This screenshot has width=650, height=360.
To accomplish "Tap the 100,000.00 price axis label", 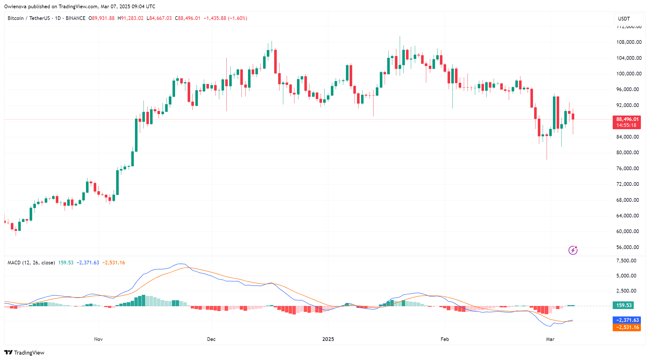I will [629, 74].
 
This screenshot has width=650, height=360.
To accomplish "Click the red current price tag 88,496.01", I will [627, 120].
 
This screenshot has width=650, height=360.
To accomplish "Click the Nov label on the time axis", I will [98, 339].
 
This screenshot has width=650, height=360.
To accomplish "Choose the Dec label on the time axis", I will [211, 339].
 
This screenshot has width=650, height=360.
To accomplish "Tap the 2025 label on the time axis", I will [328, 339].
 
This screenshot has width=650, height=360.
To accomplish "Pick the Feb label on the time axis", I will [444, 339].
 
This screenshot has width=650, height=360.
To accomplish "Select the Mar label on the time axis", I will [550, 339].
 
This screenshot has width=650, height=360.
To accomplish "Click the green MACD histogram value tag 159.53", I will [624, 305].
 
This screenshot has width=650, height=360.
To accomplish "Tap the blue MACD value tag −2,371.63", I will [627, 320].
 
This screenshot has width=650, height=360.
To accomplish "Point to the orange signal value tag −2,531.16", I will [627, 327].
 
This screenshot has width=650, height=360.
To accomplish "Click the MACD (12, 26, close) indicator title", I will [31, 263].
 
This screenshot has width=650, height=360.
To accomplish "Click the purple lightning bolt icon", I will [573, 250].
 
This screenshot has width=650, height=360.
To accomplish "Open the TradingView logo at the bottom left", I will [24, 353].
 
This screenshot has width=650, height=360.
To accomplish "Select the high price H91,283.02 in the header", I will [131, 18].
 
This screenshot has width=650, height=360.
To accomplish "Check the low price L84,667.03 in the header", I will [159, 18].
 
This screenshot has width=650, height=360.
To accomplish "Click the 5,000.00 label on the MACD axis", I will [626, 276].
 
